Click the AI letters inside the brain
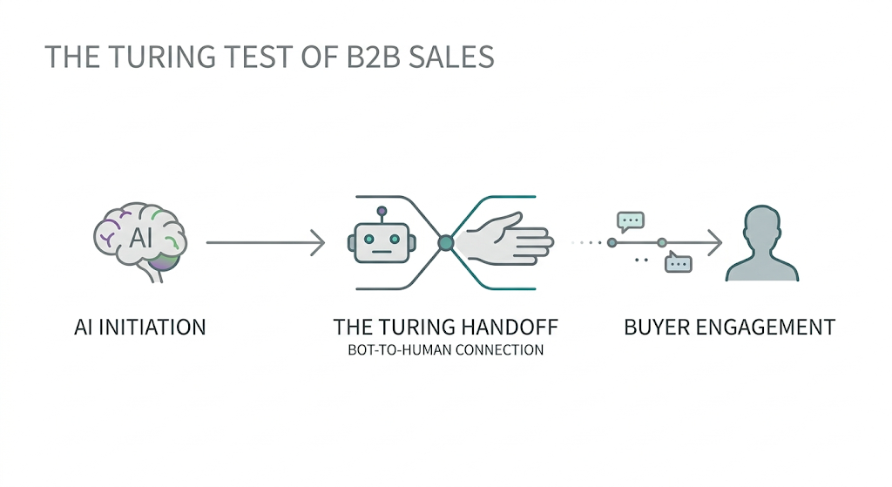click(x=140, y=237)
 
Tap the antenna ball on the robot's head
click(x=381, y=212)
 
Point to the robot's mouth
click(x=380, y=254)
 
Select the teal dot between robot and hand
click(x=446, y=242)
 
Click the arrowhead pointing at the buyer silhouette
click(x=716, y=243)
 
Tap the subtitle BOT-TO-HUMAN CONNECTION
click(x=445, y=350)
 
